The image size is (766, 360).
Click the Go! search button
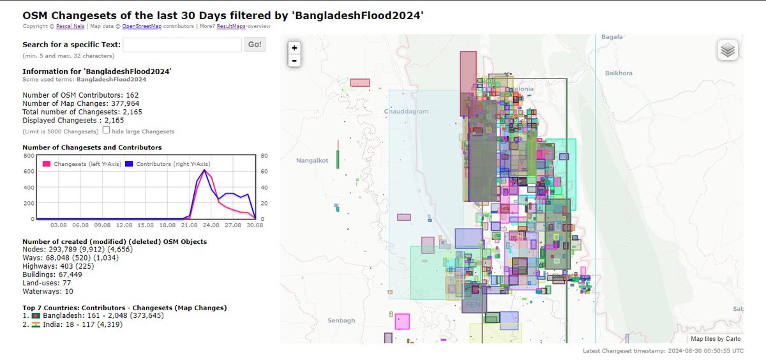point(255,45)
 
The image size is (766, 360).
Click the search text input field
point(182,45)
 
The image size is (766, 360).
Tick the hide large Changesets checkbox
point(106,131)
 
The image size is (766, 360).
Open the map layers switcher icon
point(728,50)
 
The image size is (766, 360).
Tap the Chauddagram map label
point(407,111)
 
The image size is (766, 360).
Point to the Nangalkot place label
point(312,160)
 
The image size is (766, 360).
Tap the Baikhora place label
point(619,73)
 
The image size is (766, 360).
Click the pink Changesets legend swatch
point(47,164)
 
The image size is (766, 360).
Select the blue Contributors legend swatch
point(128,164)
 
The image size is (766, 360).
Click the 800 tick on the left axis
point(28,155)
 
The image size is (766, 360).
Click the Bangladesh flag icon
point(35,316)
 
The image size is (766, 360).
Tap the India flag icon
point(35,324)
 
